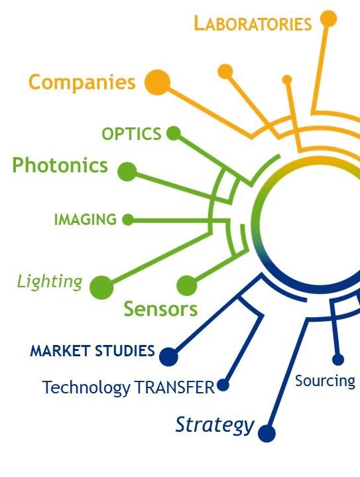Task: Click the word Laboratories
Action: pyautogui.click(x=253, y=23)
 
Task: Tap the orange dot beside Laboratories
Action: pyautogui.click(x=328, y=19)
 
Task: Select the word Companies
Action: pyautogui.click(x=82, y=82)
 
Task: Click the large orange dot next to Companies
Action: pyautogui.click(x=157, y=82)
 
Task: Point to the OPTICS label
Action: pyautogui.click(x=131, y=134)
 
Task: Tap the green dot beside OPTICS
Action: pyautogui.click(x=174, y=133)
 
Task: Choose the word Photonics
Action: pyautogui.click(x=60, y=165)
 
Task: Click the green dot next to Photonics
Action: pyautogui.click(x=127, y=172)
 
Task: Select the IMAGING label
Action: pyautogui.click(x=86, y=220)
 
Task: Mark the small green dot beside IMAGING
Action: pyautogui.click(x=128, y=220)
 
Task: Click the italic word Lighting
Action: pyautogui.click(x=50, y=282)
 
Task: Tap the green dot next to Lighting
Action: pyautogui.click(x=101, y=287)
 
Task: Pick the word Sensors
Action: pyautogui.click(x=160, y=308)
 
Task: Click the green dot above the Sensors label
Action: pyautogui.click(x=187, y=286)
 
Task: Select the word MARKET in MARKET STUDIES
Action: pyautogui.click(x=60, y=351)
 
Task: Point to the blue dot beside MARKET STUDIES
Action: pyautogui.click(x=169, y=357)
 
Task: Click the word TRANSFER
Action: pyautogui.click(x=174, y=387)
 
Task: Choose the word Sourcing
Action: pyautogui.click(x=325, y=381)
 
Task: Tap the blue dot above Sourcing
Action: pyautogui.click(x=338, y=360)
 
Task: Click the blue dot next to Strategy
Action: pyautogui.click(x=267, y=433)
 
